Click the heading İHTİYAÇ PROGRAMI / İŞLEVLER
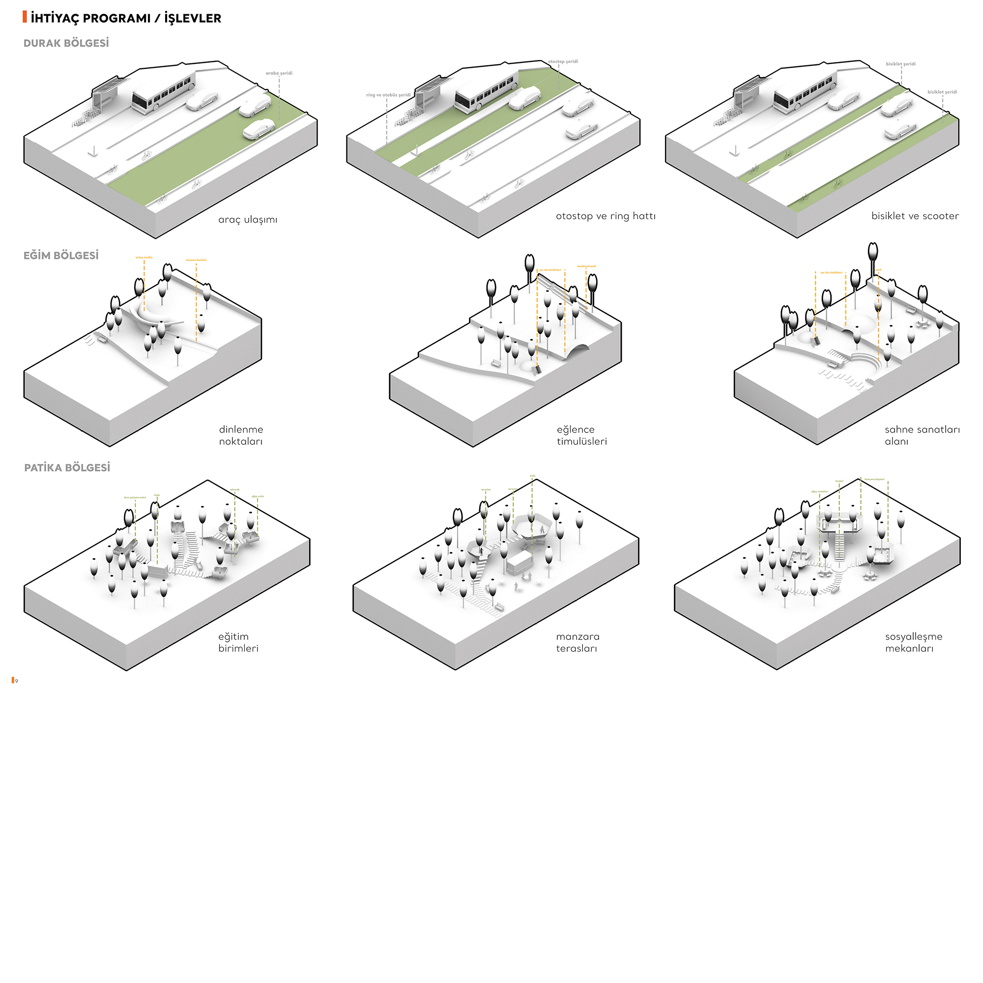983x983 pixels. (126, 18)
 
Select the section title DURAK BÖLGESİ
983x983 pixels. (66, 43)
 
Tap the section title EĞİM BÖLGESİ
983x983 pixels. (61, 256)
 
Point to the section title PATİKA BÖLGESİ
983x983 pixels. (67, 467)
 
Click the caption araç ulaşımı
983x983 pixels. (248, 220)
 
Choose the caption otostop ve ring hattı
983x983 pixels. (606, 216)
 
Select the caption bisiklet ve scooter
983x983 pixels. (915, 216)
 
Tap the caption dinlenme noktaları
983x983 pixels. (241, 435)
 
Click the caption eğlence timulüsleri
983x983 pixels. (581, 435)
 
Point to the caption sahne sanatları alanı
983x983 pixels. (922, 435)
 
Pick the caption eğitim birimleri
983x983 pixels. (238, 642)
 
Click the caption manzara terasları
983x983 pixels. (578, 642)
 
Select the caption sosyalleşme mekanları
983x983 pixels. (913, 642)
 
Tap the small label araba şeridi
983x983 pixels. (279, 73)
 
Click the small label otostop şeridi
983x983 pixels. (563, 61)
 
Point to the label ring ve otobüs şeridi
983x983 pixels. (388, 95)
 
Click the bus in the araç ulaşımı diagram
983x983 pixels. (163, 92)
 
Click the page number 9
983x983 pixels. (17, 681)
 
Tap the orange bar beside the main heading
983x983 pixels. (25, 17)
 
